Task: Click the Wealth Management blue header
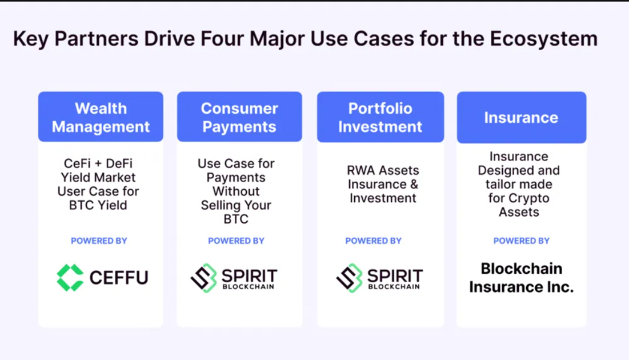(x=101, y=117)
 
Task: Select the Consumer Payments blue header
(x=239, y=117)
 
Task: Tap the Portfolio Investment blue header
(x=380, y=117)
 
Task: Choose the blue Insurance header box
(x=522, y=118)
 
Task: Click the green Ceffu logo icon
(x=70, y=277)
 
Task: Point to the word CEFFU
(x=119, y=278)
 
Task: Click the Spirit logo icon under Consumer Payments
(x=204, y=278)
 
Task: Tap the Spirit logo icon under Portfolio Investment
(x=350, y=278)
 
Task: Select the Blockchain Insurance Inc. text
(x=522, y=278)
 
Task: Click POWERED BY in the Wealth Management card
(x=99, y=241)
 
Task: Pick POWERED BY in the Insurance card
(x=522, y=241)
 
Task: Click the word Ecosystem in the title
(x=543, y=39)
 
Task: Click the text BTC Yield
(x=98, y=205)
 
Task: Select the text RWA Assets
(x=383, y=170)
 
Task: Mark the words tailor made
(x=519, y=184)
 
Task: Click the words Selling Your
(x=236, y=205)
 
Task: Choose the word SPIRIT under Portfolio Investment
(x=395, y=276)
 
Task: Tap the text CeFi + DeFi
(x=98, y=163)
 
